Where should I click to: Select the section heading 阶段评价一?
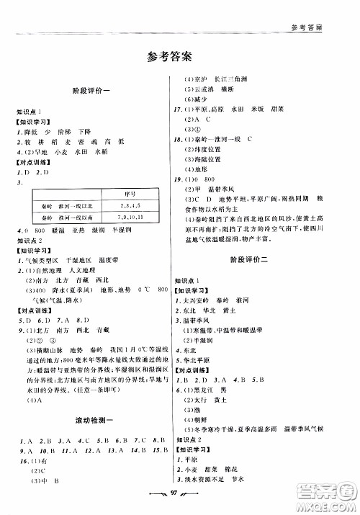coord(91,91)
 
